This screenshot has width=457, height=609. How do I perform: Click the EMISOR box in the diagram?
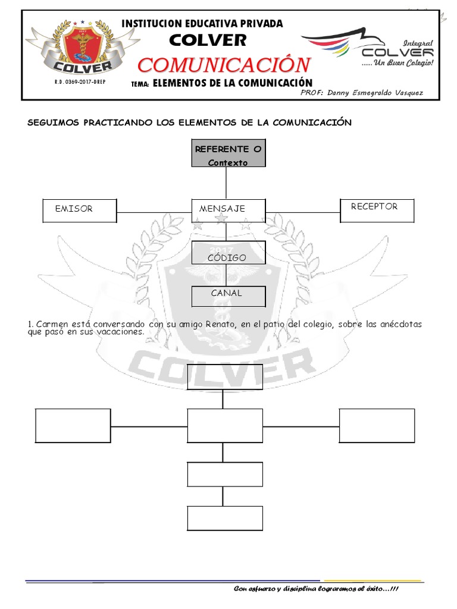[80, 209]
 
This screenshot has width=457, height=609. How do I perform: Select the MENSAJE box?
[227, 209]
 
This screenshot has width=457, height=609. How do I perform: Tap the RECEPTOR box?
[376, 211]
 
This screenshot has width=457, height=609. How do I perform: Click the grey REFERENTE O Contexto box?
[228, 154]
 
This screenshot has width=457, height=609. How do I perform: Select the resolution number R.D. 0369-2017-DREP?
[79, 81]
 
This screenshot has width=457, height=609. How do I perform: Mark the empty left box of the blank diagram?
[73, 426]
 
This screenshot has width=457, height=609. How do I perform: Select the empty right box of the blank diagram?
[377, 426]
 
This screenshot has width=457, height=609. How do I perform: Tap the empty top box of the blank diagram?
[223, 376]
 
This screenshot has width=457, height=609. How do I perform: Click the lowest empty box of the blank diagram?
[225, 517]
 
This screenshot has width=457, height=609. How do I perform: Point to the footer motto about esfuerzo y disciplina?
[317, 589]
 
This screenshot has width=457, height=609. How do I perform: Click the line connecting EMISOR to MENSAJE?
[154, 212]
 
